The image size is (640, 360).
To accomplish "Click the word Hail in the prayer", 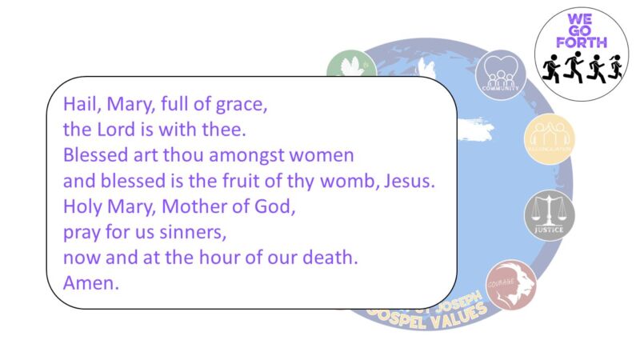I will [x=78, y=105].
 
